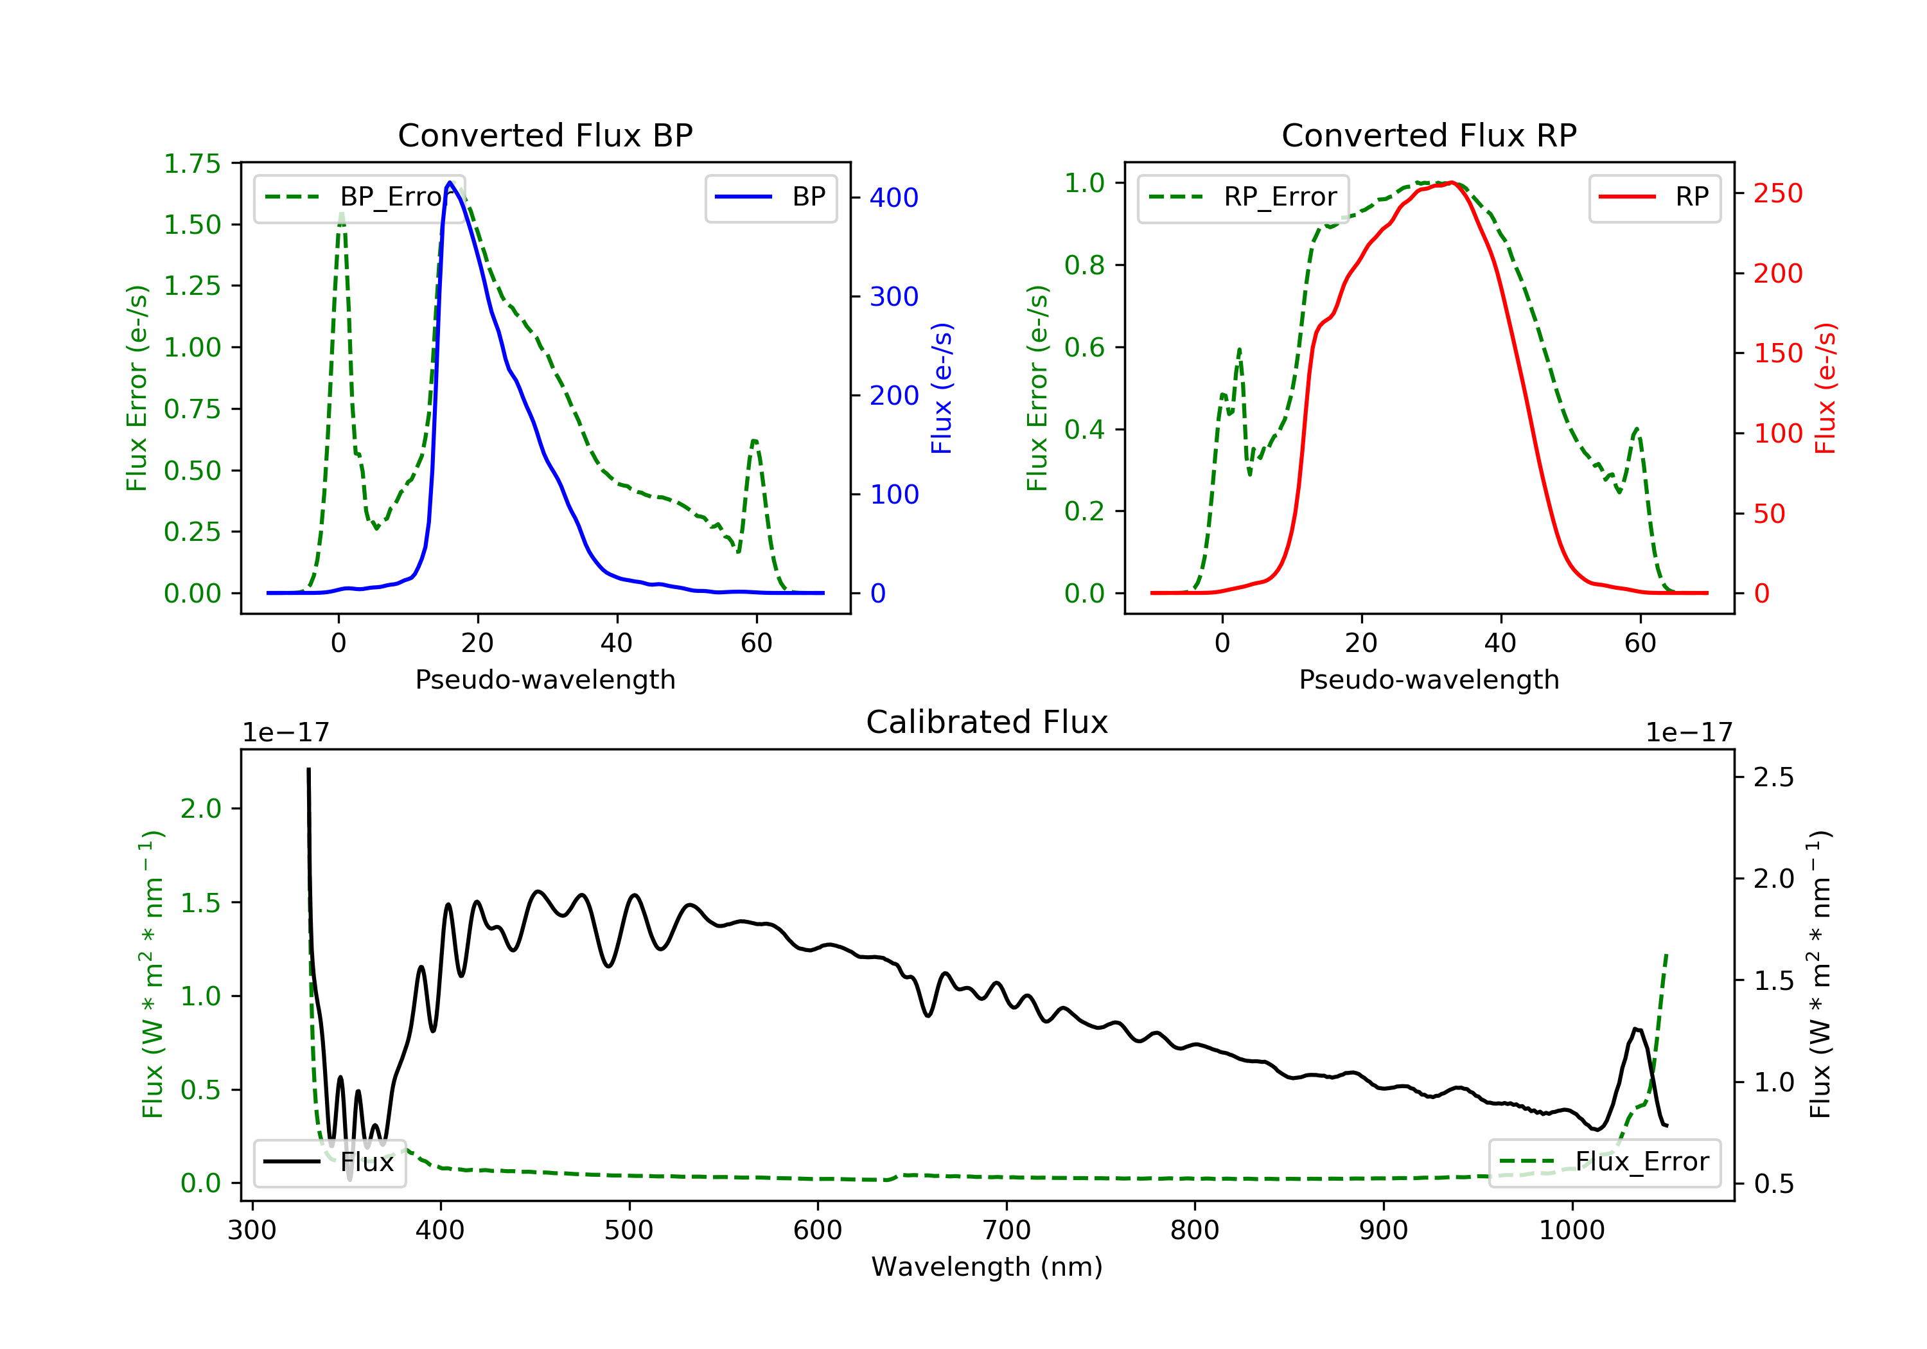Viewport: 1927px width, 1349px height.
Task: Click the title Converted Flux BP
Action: coord(545,135)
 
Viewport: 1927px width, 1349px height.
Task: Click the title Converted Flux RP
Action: coord(1429,135)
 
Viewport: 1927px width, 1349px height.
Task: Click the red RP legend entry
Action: coord(1654,197)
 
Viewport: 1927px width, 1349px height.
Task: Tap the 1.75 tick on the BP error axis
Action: coord(192,164)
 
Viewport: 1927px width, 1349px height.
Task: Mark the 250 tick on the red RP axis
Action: coord(1777,194)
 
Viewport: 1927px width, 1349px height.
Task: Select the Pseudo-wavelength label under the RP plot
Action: coord(1429,679)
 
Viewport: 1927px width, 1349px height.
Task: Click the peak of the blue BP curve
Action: coord(450,182)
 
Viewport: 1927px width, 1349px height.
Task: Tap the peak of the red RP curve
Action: coord(1451,182)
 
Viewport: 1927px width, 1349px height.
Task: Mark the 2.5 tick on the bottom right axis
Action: coord(1773,777)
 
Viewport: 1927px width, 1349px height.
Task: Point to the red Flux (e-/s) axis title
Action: coord(1826,389)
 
